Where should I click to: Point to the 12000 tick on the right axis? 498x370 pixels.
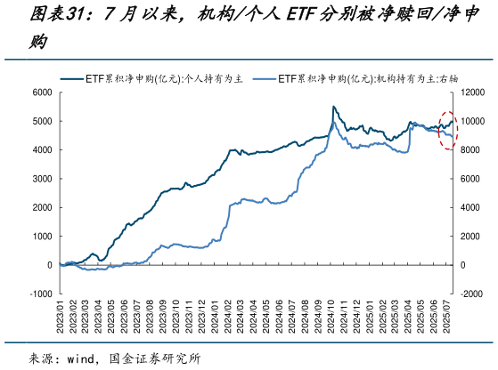(x=475, y=92)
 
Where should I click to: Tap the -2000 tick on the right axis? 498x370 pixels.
(x=473, y=294)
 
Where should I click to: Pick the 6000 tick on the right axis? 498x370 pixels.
(x=473, y=178)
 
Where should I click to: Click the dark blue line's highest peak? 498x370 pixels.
(x=334, y=107)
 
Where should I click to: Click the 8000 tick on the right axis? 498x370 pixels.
(x=473, y=149)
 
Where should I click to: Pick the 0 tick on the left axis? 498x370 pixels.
(x=49, y=265)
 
